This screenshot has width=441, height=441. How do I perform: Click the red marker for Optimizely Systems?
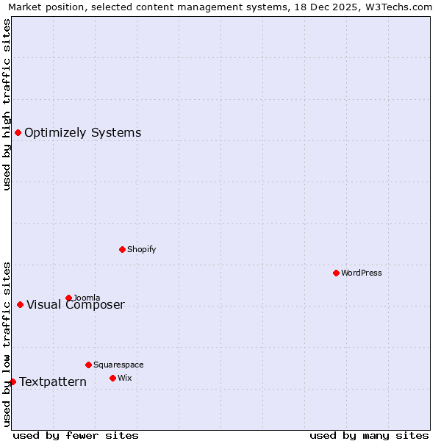tap(18, 132)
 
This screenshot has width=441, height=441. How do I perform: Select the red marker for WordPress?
tap(336, 273)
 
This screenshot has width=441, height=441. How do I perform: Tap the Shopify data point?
tap(122, 249)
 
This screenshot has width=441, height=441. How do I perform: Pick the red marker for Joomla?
tap(68, 298)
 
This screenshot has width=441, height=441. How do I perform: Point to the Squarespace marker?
tap(88, 365)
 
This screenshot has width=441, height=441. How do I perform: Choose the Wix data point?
tap(112, 378)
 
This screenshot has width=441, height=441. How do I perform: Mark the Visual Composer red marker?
tap(20, 304)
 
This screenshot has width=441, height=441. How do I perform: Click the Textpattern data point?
tap(12, 381)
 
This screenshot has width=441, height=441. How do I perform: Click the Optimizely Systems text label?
tap(82, 133)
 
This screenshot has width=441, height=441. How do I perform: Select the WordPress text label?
tap(361, 273)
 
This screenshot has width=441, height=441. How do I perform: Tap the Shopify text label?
tap(141, 249)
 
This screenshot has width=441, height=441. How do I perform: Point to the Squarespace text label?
tap(118, 365)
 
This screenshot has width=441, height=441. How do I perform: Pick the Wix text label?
tap(124, 378)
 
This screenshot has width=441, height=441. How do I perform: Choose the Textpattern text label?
tap(53, 382)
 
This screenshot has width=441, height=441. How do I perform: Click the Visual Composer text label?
tap(76, 305)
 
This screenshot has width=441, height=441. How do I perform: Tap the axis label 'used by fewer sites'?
tap(76, 435)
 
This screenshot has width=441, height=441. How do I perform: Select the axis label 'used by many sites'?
tap(369, 435)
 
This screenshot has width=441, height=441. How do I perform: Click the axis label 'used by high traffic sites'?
tap(7, 104)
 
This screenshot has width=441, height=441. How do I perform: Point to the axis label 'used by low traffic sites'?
tap(7, 344)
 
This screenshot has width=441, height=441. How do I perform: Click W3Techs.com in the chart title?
tap(398, 7)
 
